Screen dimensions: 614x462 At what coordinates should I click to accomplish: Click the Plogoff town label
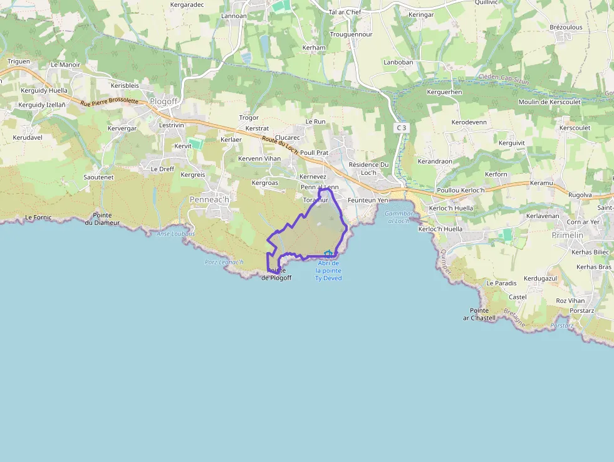165,102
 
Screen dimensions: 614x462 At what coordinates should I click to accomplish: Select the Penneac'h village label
209,199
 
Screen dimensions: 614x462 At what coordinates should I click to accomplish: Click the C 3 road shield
401,128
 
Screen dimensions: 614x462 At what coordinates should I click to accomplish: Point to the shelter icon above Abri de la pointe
328,253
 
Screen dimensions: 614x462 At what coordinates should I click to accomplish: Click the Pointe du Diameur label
102,219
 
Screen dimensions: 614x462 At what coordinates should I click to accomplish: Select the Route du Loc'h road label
279,146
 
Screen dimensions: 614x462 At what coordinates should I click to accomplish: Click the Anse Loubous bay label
175,234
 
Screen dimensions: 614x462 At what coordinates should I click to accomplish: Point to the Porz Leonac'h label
224,261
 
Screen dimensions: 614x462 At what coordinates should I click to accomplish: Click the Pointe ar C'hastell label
479,314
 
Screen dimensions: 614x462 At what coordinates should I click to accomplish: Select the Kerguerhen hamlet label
444,92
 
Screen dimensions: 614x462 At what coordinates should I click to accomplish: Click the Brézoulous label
566,27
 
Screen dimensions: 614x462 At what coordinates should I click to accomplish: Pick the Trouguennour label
351,34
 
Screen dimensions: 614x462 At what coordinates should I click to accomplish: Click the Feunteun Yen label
368,200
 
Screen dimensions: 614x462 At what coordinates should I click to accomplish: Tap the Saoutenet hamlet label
98,177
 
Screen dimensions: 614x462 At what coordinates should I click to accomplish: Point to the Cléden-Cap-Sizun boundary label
505,78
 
